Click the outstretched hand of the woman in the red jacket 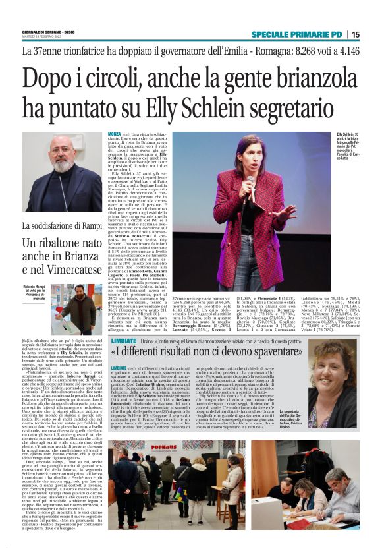pos(289,214)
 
